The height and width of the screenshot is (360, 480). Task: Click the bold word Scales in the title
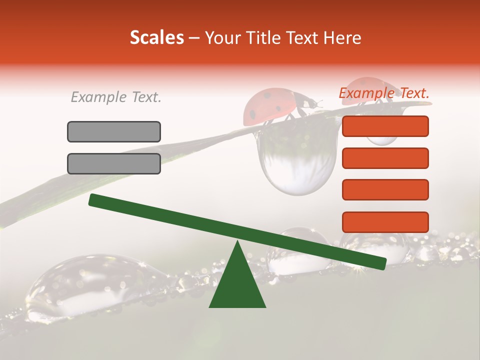[x=156, y=38]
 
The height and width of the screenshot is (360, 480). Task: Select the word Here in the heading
[x=341, y=38]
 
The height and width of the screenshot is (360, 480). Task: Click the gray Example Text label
[x=116, y=97]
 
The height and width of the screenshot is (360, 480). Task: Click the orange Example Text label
[x=384, y=93]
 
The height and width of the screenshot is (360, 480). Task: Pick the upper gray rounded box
[x=114, y=131]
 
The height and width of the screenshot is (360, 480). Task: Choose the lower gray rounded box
[x=114, y=163]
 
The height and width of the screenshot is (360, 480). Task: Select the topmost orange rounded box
[x=385, y=126]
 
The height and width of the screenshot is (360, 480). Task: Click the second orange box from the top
[x=385, y=158]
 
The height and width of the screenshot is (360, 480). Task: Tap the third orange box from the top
[x=385, y=189]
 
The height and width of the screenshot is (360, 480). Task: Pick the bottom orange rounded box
[x=385, y=222]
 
